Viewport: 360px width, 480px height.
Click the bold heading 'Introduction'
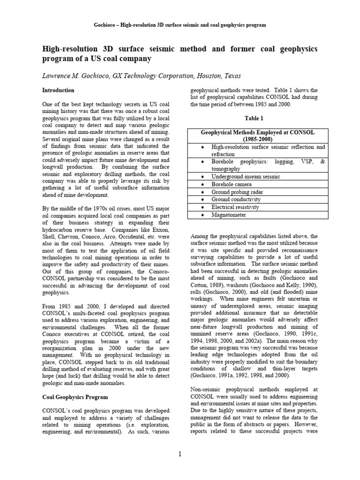(58, 90)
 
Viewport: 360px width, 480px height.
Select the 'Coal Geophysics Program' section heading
(73, 397)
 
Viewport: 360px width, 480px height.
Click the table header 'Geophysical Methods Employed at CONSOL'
(257, 133)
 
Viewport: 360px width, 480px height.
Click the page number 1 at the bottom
(180, 454)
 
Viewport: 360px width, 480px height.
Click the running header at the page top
(180, 24)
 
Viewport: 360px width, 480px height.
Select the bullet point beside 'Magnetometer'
(202, 215)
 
